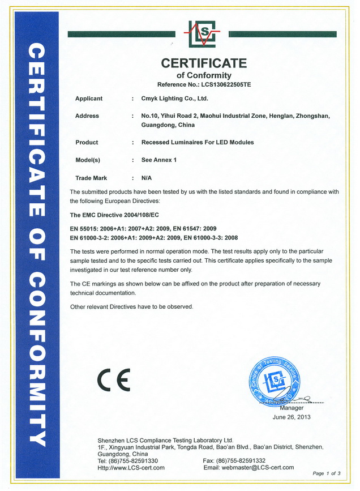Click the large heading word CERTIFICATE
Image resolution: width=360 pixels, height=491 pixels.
204,63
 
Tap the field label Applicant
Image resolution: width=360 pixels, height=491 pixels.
89,99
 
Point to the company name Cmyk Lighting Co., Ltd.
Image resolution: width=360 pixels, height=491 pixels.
174,99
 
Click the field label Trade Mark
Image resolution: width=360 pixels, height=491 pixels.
91,178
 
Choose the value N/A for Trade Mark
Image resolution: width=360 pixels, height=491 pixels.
147,178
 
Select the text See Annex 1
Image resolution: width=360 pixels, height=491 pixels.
159,160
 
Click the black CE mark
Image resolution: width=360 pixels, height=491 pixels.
113,379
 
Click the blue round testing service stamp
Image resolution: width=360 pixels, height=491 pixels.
273,378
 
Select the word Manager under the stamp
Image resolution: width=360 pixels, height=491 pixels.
292,408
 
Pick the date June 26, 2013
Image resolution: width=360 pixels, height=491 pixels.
292,417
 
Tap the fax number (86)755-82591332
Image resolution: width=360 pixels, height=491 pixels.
242,460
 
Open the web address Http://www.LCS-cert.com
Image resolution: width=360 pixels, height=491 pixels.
131,467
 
